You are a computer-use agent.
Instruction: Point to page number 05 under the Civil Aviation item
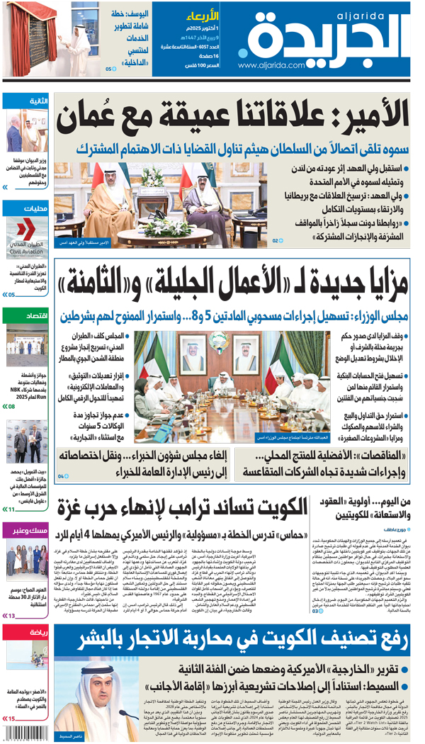tap(11, 294)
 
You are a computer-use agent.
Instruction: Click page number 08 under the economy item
tap(11, 407)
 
